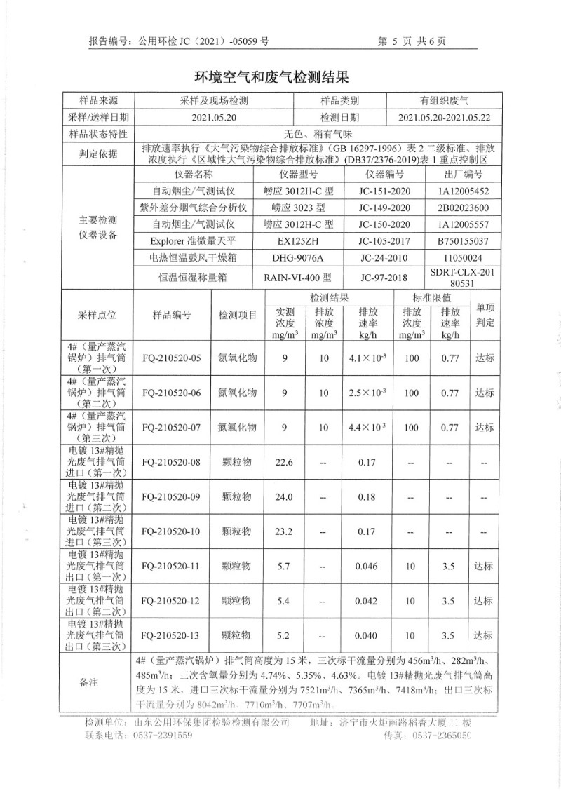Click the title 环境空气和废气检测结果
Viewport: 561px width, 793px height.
point(271,76)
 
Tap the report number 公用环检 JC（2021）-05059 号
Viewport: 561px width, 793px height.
point(204,41)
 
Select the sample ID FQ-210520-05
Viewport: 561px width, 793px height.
point(171,358)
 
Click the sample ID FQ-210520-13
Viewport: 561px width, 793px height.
point(171,635)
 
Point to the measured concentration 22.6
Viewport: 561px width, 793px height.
point(284,462)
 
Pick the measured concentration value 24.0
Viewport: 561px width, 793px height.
point(284,496)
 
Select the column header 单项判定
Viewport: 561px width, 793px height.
point(485,316)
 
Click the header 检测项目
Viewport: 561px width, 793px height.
point(238,316)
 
